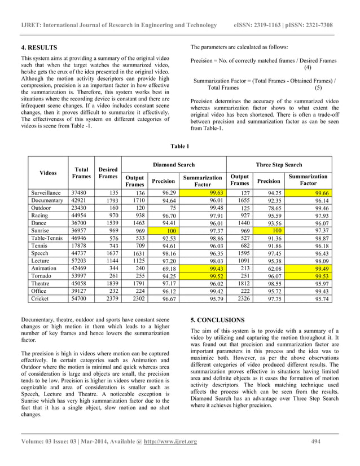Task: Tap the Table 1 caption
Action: [179, 147]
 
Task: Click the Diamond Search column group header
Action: [174, 165]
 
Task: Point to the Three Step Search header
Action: [279, 165]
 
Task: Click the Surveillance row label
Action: [47, 192]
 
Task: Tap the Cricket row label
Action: [41, 298]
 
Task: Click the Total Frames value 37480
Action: [79, 192]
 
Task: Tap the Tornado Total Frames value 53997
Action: [79, 276]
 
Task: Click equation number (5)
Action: [318, 88]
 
